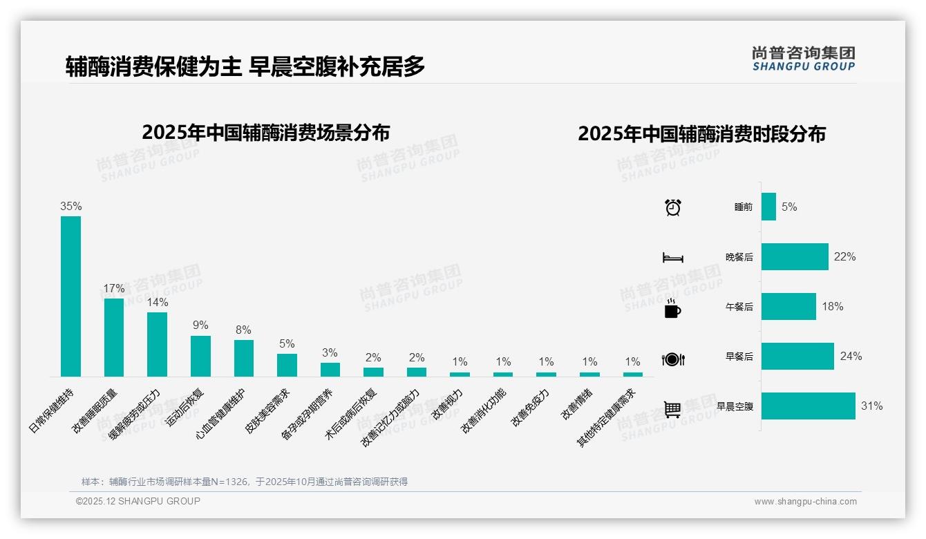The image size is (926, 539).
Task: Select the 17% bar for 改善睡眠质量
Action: [114, 337]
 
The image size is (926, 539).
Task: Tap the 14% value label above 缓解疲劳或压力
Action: [158, 303]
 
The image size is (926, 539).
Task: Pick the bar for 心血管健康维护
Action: [243, 358]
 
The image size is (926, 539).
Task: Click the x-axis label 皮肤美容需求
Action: [269, 411]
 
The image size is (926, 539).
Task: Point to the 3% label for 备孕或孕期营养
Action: [330, 353]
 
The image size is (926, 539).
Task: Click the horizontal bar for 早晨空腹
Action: [808, 406]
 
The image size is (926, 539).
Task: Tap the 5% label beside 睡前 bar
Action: [789, 207]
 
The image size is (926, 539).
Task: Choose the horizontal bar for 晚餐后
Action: [795, 256]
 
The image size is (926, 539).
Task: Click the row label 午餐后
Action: [739, 307]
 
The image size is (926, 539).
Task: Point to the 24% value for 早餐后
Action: [851, 357]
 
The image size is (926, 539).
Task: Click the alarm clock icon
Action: [672, 207]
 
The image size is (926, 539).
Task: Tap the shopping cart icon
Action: [672, 409]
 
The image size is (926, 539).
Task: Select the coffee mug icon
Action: [672, 309]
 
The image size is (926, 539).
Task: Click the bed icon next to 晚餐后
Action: [672, 258]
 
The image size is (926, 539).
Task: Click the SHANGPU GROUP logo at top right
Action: [803, 59]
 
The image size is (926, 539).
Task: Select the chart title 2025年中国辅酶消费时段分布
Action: [701, 134]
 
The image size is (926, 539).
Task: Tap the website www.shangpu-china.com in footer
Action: [805, 502]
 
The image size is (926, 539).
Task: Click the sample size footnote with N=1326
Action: [245, 482]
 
